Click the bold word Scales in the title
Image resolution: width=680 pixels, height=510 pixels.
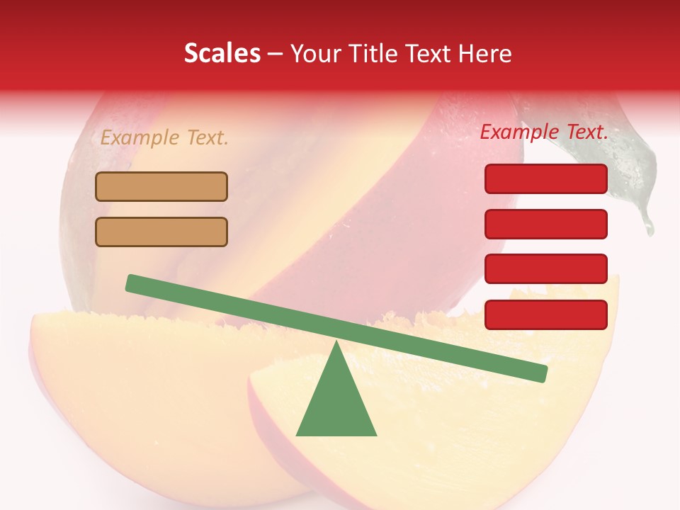pos(222,54)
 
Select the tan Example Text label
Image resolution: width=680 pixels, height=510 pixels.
pos(164,137)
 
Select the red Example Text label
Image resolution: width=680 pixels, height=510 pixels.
pos(544,132)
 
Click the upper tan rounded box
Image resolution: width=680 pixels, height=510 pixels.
pos(161,187)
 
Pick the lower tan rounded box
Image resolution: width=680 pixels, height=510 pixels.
pos(161,232)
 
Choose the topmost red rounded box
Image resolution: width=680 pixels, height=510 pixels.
pos(546,178)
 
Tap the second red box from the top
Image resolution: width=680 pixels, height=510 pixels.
pos(546,224)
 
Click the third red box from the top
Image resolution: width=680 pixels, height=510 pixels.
pos(546,269)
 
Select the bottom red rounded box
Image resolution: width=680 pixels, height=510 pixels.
pos(546,314)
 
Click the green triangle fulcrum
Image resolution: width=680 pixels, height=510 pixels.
pos(336,404)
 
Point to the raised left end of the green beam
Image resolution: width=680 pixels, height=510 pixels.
pos(131,283)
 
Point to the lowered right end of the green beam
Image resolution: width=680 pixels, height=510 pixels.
pos(542,373)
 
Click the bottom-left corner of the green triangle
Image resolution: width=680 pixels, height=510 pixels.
pos(297,434)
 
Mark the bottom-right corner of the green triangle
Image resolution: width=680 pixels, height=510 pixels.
pos(375,434)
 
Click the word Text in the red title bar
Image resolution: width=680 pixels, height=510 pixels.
pos(429,54)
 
